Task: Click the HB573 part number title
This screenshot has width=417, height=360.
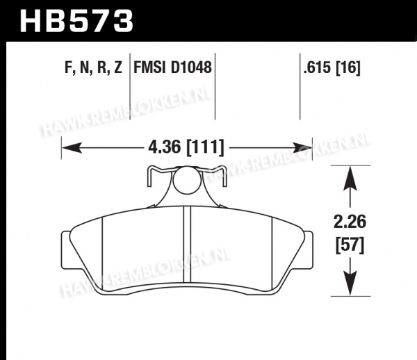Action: tap(76, 21)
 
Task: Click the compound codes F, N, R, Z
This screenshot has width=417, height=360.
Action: tap(93, 67)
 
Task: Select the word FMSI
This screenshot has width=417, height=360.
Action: tap(149, 67)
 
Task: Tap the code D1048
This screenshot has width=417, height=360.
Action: tap(191, 67)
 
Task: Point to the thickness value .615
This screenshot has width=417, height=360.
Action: tap(318, 67)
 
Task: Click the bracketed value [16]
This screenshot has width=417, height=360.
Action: tap(348, 67)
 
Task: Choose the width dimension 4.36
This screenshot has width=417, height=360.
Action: tap(164, 147)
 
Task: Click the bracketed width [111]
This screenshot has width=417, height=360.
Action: tap(205, 147)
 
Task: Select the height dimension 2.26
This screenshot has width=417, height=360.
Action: tap(350, 222)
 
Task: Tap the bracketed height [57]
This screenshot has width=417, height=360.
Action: tap(350, 245)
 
